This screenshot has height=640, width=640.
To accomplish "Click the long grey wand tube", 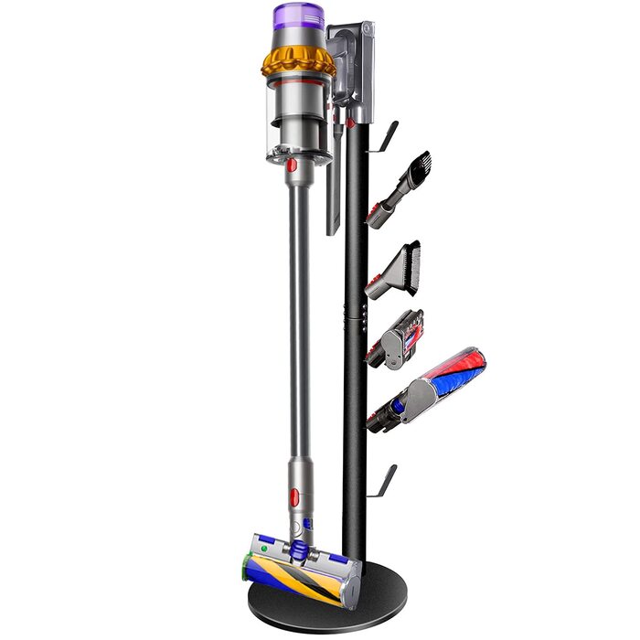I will (299, 320).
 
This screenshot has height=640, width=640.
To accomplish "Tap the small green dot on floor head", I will (265, 549).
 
